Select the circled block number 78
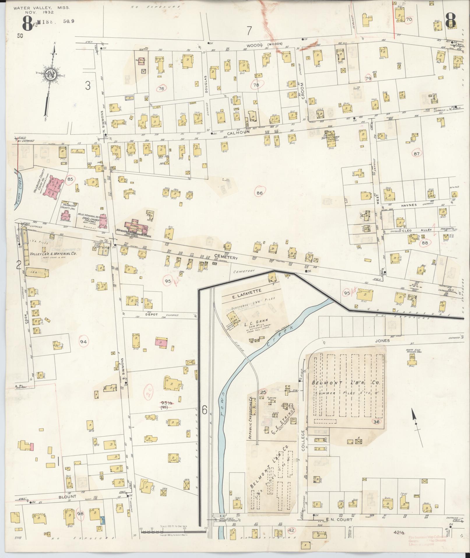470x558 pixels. pyautogui.click(x=256, y=85)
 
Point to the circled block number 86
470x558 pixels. pyautogui.click(x=260, y=193)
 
